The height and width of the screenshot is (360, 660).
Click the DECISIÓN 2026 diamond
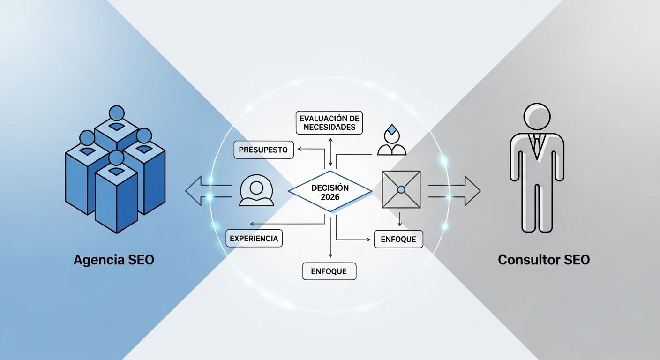click(330, 191)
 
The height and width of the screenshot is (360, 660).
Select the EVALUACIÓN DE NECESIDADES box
click(330, 123)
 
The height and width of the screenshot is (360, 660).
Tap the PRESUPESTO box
click(264, 150)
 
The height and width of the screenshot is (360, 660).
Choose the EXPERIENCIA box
click(254, 238)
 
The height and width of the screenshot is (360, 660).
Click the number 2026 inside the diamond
click(330, 197)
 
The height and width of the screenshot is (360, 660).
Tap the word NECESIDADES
click(330, 127)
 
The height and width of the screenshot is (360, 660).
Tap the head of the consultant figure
click(537, 117)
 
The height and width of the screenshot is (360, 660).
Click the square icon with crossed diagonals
click(401, 189)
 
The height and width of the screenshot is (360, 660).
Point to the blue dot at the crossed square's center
click(401, 189)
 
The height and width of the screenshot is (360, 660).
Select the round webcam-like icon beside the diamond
click(256, 190)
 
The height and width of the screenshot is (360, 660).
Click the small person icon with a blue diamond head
click(392, 141)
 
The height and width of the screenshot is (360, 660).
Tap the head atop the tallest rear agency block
click(116, 113)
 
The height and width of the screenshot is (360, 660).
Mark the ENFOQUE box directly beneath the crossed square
click(398, 239)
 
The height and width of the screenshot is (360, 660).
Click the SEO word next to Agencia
click(139, 260)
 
